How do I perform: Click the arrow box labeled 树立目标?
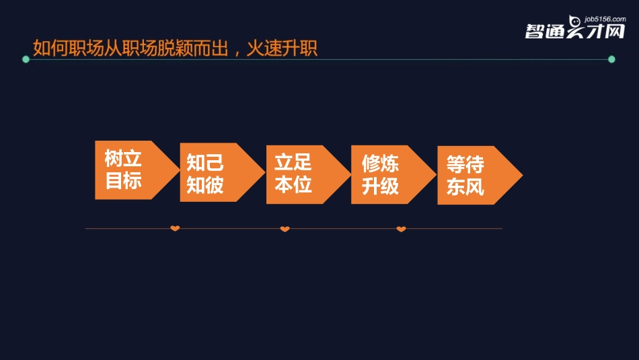click(128, 170)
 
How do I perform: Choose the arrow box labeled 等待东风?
click(473, 176)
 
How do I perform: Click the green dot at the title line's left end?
click(26, 59)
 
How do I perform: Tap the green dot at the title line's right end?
click(611, 59)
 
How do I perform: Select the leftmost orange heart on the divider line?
click(175, 229)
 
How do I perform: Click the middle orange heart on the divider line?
click(285, 229)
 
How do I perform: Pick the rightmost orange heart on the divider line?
click(401, 229)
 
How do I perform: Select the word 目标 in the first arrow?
click(123, 180)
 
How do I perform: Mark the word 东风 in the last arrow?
click(465, 186)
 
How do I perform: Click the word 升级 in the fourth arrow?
click(381, 185)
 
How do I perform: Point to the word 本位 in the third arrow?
click(293, 184)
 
